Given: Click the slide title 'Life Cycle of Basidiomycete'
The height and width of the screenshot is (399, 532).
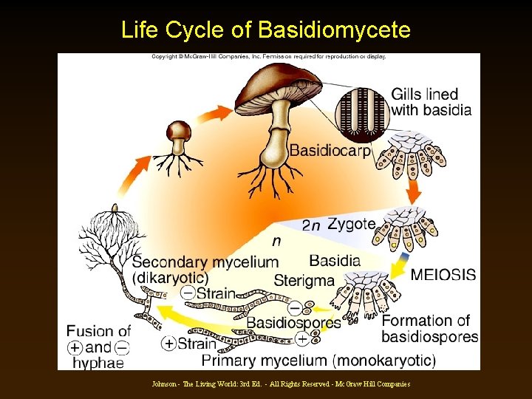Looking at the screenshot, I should pyautogui.click(x=265, y=30).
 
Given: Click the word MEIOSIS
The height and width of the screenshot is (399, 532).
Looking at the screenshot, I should pyautogui.click(x=443, y=275).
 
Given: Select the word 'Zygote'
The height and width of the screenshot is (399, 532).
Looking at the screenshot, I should pyautogui.click(x=351, y=224).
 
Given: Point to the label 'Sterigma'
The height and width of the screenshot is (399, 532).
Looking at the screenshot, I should pyautogui.click(x=304, y=280).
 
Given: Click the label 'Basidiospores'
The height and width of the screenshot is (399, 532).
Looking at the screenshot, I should pyautogui.click(x=293, y=322).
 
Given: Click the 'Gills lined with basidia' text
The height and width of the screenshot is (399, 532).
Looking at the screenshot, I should pyautogui.click(x=431, y=103).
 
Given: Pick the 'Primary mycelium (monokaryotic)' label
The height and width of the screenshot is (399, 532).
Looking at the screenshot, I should pyautogui.click(x=318, y=361).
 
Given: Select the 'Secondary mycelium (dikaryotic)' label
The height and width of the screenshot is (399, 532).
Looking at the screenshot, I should pyautogui.click(x=205, y=270).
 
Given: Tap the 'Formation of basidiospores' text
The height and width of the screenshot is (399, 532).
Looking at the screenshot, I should pyautogui.click(x=429, y=329).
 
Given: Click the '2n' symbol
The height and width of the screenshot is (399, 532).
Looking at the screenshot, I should pyautogui.click(x=311, y=225).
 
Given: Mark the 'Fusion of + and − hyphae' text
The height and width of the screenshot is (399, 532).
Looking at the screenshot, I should pyautogui.click(x=98, y=346).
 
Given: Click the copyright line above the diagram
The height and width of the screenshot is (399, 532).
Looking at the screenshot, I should pyautogui.click(x=269, y=56).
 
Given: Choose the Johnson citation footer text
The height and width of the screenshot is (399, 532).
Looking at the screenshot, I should pyautogui.click(x=280, y=384).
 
